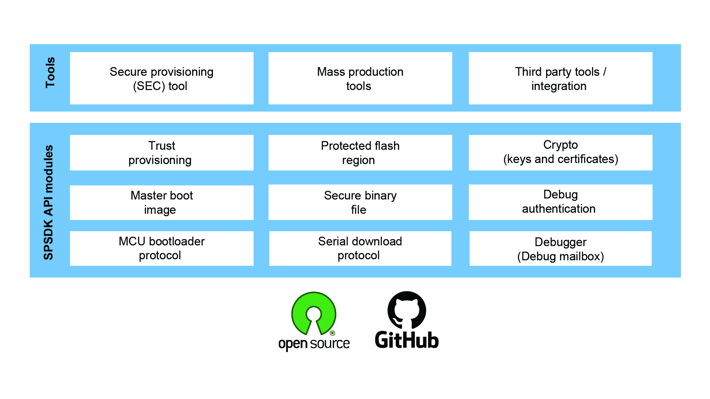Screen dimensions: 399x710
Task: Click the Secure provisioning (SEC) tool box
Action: click(x=161, y=78)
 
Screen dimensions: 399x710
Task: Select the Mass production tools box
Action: click(x=360, y=78)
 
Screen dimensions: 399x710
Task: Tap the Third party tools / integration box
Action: click(x=560, y=78)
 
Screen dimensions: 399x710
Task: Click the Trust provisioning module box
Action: click(x=161, y=153)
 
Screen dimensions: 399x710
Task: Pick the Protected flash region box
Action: click(x=360, y=153)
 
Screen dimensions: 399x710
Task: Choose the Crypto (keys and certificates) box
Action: click(x=560, y=153)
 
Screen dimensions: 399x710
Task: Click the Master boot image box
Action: click(x=161, y=202)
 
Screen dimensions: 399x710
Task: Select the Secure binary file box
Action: click(x=360, y=202)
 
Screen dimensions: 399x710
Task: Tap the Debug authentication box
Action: click(x=560, y=202)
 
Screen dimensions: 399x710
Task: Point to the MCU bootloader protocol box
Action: click(x=161, y=248)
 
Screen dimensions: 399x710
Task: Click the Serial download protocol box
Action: click(x=360, y=248)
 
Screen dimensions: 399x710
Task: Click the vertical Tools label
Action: click(x=50, y=72)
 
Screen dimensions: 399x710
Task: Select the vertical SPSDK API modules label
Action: click(x=48, y=202)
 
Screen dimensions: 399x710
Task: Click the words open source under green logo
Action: click(x=314, y=343)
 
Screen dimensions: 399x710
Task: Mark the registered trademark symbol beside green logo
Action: click(x=332, y=333)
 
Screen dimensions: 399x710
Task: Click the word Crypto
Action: click(x=560, y=145)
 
